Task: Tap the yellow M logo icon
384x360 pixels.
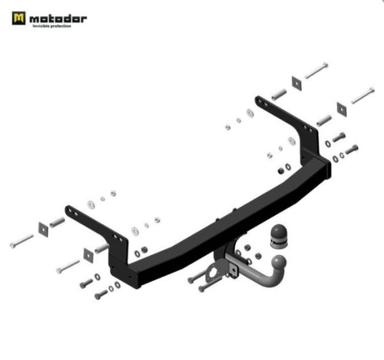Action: pyautogui.click(x=19, y=19)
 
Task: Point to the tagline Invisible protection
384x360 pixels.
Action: pyautogui.click(x=56, y=26)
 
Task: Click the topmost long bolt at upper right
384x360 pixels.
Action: pyautogui.click(x=316, y=70)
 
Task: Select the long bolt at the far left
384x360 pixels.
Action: pyautogui.click(x=22, y=241)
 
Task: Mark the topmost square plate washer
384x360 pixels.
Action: pyautogui.click(x=297, y=82)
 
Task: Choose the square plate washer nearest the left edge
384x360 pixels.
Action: pyautogui.click(x=44, y=228)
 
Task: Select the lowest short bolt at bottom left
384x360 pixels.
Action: pyautogui.click(x=101, y=295)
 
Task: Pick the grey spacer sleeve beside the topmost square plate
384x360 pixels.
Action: pyautogui.click(x=278, y=94)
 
